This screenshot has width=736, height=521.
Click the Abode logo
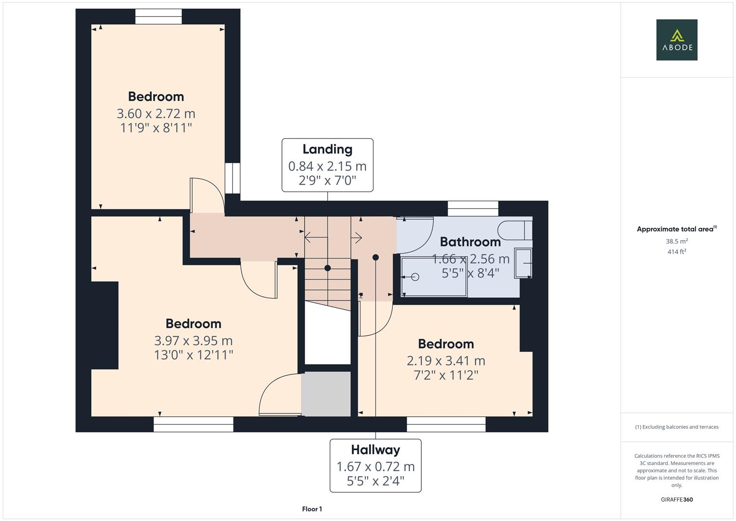[x=676, y=40]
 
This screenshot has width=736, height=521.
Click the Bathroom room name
[x=470, y=242]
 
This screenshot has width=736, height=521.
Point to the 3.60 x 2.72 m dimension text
[x=156, y=114]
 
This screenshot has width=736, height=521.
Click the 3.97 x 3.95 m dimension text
[x=193, y=341]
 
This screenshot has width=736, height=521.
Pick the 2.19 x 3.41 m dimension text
[x=446, y=361]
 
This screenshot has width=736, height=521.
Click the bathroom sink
[x=523, y=263]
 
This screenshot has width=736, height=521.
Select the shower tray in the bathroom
[x=434, y=277]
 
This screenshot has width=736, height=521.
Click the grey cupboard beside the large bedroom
[x=326, y=393]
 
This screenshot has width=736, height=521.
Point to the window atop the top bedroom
[x=159, y=17]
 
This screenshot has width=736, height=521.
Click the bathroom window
[x=472, y=208]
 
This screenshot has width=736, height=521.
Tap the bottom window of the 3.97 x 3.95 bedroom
[x=193, y=425]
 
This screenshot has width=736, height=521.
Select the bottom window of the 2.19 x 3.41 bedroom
[x=446, y=425]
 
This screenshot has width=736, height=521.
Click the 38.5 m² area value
[x=676, y=241]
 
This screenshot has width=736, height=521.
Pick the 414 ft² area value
[x=676, y=252]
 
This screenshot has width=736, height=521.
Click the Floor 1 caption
[x=312, y=509]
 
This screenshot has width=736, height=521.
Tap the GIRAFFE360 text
[x=676, y=500]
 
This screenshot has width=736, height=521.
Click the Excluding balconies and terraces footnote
[x=676, y=427]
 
